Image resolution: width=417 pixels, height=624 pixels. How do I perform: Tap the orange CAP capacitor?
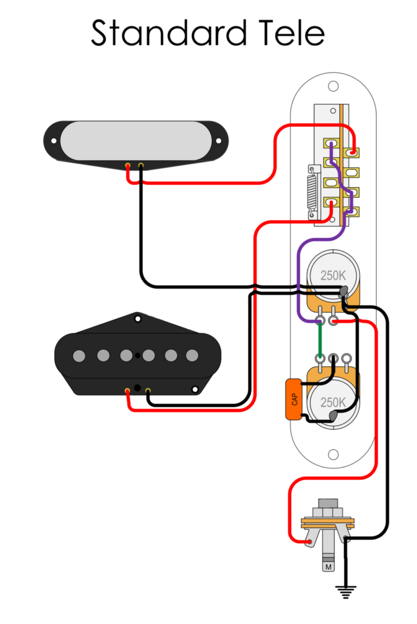pyautogui.click(x=294, y=399)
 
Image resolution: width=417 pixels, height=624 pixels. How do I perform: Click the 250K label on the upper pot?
pyautogui.click(x=333, y=275)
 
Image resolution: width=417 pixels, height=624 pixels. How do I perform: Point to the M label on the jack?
pyautogui.click(x=328, y=567)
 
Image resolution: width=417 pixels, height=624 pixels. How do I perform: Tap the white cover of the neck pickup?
pyautogui.click(x=135, y=140)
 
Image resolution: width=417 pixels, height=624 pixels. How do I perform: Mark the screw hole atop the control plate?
pyautogui.click(x=333, y=86)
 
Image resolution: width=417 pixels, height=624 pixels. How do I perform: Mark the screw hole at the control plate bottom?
pyautogui.click(x=333, y=453)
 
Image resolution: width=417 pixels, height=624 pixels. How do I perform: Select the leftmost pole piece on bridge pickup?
pyautogui.click(x=79, y=356)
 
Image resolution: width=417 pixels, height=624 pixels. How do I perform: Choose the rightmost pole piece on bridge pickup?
pyautogui.click(x=192, y=356)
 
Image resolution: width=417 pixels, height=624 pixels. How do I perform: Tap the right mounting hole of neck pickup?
pyautogui.click(x=219, y=140)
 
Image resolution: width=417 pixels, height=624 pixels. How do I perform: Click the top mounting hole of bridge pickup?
pyautogui.click(x=138, y=318)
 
